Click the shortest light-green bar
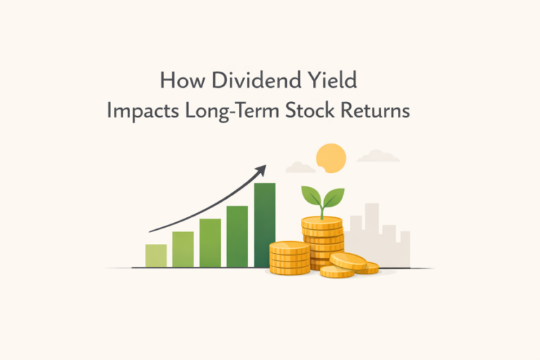[x=156, y=256]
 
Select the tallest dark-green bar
[x=265, y=225]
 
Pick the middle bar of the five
[x=210, y=243]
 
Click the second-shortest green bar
[x=183, y=250]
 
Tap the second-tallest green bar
[x=238, y=236]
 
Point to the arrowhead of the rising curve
[x=262, y=169]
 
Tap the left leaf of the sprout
[x=311, y=195]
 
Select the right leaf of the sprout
[x=333, y=196]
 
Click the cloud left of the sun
[x=300, y=167]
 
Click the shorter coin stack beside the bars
[x=289, y=258]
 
